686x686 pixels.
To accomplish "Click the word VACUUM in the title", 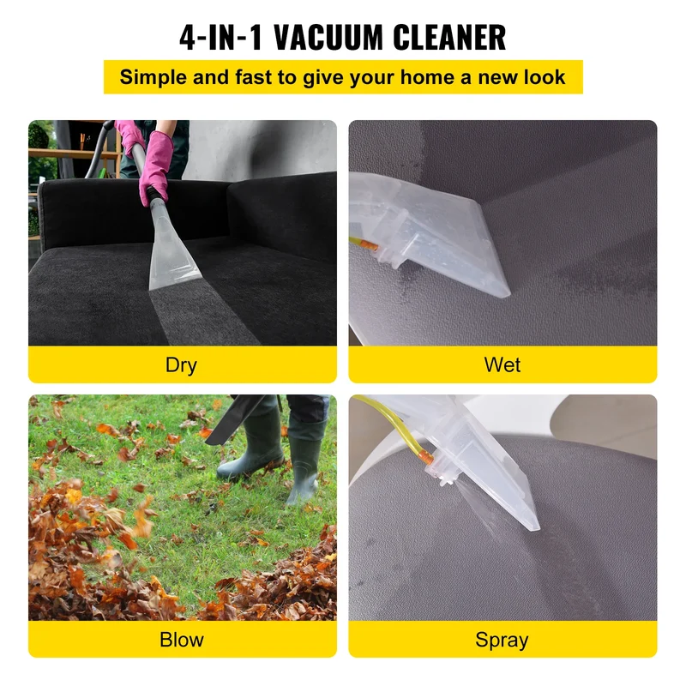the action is point(330,38).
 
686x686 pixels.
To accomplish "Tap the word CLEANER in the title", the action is point(449,38).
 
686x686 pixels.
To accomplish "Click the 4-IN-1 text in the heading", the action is point(220,38).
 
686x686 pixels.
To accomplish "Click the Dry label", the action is point(181,365).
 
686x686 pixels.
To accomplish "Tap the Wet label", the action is point(502,365).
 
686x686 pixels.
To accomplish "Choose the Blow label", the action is point(182,640).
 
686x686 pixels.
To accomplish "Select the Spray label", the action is point(502,641).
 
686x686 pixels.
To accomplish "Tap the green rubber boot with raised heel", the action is point(304,464).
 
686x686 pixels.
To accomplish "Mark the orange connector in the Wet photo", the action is point(370,246).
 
